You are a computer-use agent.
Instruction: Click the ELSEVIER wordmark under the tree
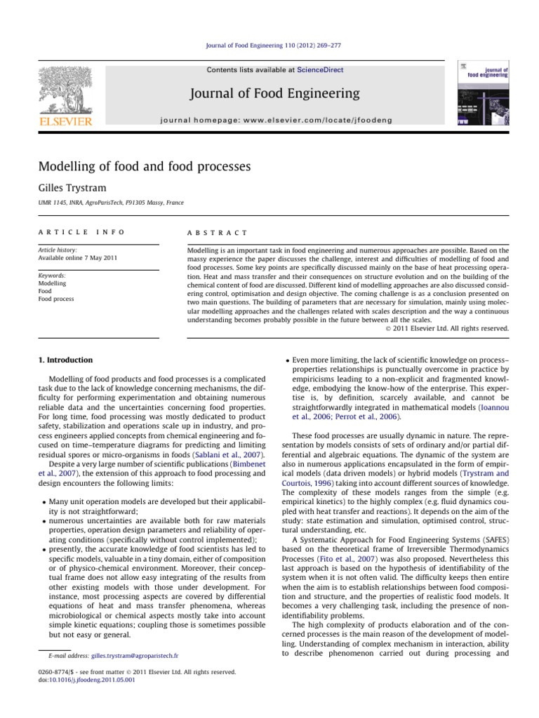[65, 122]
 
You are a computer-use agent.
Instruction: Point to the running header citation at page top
[269, 48]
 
